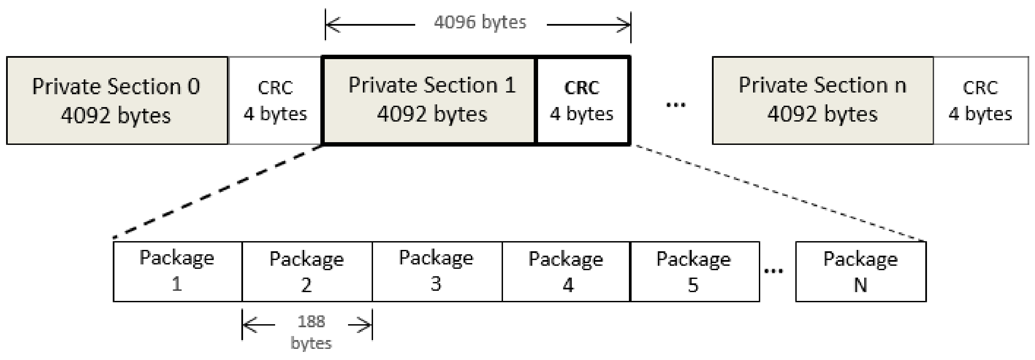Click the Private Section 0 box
pos(116,100)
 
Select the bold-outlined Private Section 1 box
pos(430,100)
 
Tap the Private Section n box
pos(822,100)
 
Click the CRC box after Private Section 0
pos(275,100)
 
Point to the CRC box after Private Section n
pos(980,100)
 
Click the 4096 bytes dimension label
pos(480,22)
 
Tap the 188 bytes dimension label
pos(311,332)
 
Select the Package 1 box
pos(177,271)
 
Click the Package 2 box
pos(307,271)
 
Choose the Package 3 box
pos(437,271)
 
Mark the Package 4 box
pos(566,271)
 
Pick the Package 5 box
pos(694,271)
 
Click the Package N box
pos(860,271)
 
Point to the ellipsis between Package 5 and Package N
pos(773,271)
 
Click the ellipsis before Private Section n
pos(676,106)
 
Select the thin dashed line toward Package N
pos(779,193)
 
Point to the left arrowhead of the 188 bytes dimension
pos(249,325)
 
